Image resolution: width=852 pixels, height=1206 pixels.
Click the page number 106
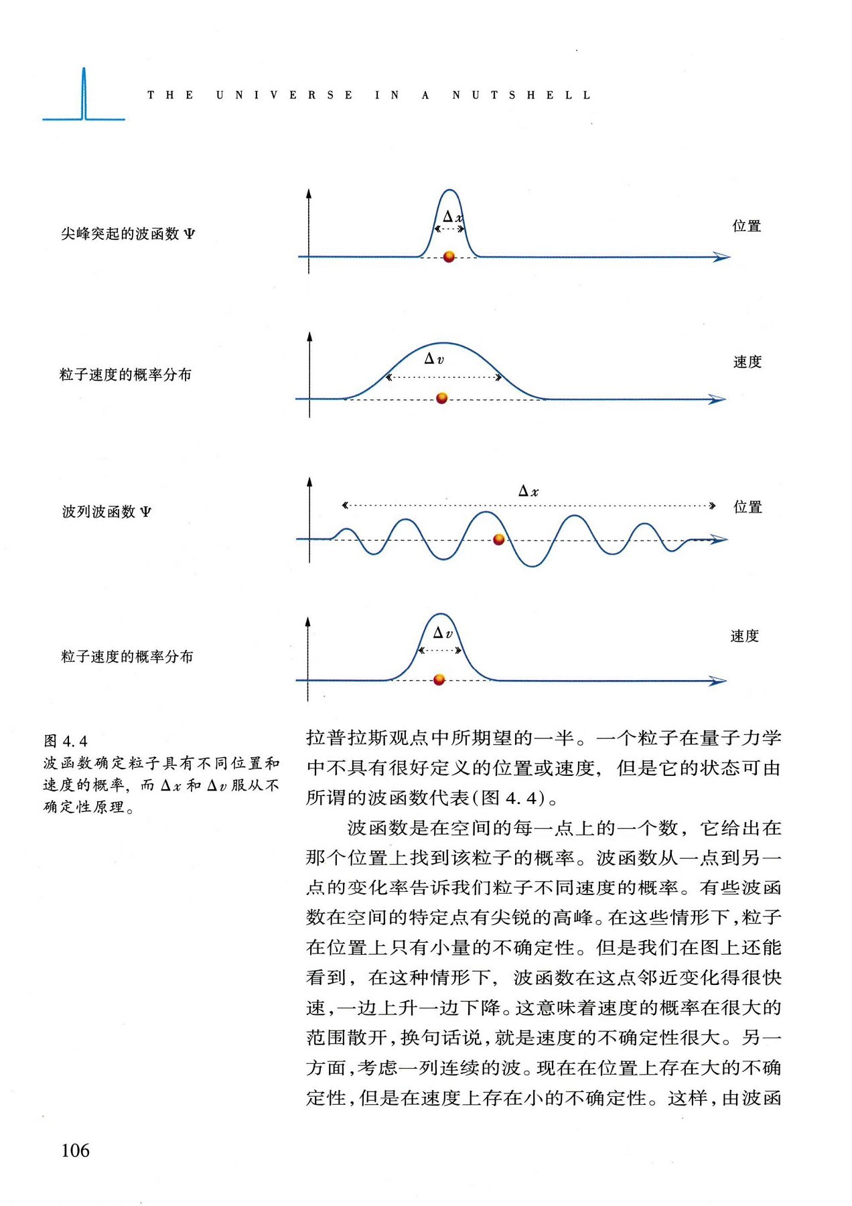(75, 1150)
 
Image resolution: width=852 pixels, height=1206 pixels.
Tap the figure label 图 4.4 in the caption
(66, 741)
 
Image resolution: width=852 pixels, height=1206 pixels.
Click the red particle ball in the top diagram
(449, 257)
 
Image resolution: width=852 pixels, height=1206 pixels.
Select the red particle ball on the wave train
(498, 539)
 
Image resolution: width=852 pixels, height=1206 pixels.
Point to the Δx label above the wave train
(528, 491)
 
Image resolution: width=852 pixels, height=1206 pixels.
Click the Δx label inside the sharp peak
(453, 216)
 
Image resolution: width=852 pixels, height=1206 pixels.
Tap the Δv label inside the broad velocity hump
(434, 359)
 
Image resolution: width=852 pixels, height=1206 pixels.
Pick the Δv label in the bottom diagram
(443, 633)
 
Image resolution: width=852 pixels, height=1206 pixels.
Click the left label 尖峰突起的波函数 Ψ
(128, 234)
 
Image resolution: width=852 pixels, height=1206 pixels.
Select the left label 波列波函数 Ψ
(107, 512)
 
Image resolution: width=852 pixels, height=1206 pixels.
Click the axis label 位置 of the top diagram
(747, 226)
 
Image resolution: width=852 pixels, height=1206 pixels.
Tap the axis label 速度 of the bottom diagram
(745, 636)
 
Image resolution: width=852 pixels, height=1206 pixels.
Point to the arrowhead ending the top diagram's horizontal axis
(722, 257)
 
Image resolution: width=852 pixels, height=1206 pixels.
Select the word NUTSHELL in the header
(521, 95)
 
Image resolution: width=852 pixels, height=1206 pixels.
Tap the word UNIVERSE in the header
(284, 95)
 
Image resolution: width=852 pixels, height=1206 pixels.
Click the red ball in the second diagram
(441, 399)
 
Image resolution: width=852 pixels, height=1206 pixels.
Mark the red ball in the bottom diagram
(439, 680)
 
